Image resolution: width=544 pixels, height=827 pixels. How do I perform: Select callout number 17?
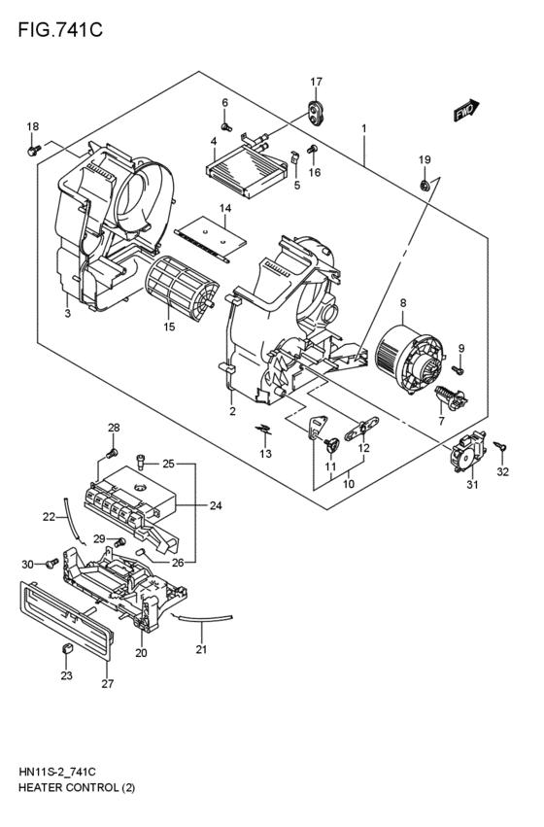point(316,81)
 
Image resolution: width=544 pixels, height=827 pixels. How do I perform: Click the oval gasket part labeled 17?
point(316,113)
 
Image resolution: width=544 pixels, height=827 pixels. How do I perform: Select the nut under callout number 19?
point(425,184)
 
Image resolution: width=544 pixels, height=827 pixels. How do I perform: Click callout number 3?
point(67,313)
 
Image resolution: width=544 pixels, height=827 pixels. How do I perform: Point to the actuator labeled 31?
point(466,452)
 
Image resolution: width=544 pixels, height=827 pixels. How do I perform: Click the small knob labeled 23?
point(67,649)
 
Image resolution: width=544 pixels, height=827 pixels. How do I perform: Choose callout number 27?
point(108,683)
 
